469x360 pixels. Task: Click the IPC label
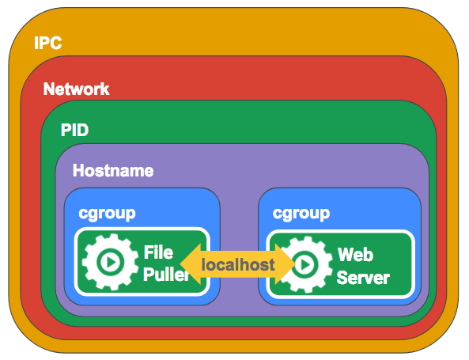pyautogui.click(x=48, y=43)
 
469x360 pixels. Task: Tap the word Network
pyautogui.click(x=77, y=89)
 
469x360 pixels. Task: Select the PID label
pyautogui.click(x=75, y=130)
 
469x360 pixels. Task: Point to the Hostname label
pyautogui.click(x=113, y=171)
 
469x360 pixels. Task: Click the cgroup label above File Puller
pyautogui.click(x=107, y=214)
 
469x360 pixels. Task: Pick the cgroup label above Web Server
pyautogui.click(x=301, y=214)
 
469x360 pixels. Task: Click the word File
pyautogui.click(x=158, y=252)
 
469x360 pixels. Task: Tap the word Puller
pyautogui.click(x=166, y=274)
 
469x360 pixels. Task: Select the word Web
pyautogui.click(x=355, y=255)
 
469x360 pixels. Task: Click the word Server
pyautogui.click(x=363, y=278)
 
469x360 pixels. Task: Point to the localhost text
pyautogui.click(x=238, y=265)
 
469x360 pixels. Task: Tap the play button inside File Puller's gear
pyautogui.click(x=111, y=262)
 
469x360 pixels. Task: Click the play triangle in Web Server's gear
pyautogui.click(x=305, y=264)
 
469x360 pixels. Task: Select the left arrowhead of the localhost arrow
pyautogui.click(x=191, y=264)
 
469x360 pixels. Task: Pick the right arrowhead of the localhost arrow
pyautogui.click(x=286, y=264)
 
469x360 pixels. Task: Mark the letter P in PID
pyautogui.click(x=65, y=130)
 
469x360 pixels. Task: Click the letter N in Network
pyautogui.click(x=49, y=89)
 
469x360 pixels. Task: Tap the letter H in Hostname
pyautogui.click(x=78, y=170)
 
